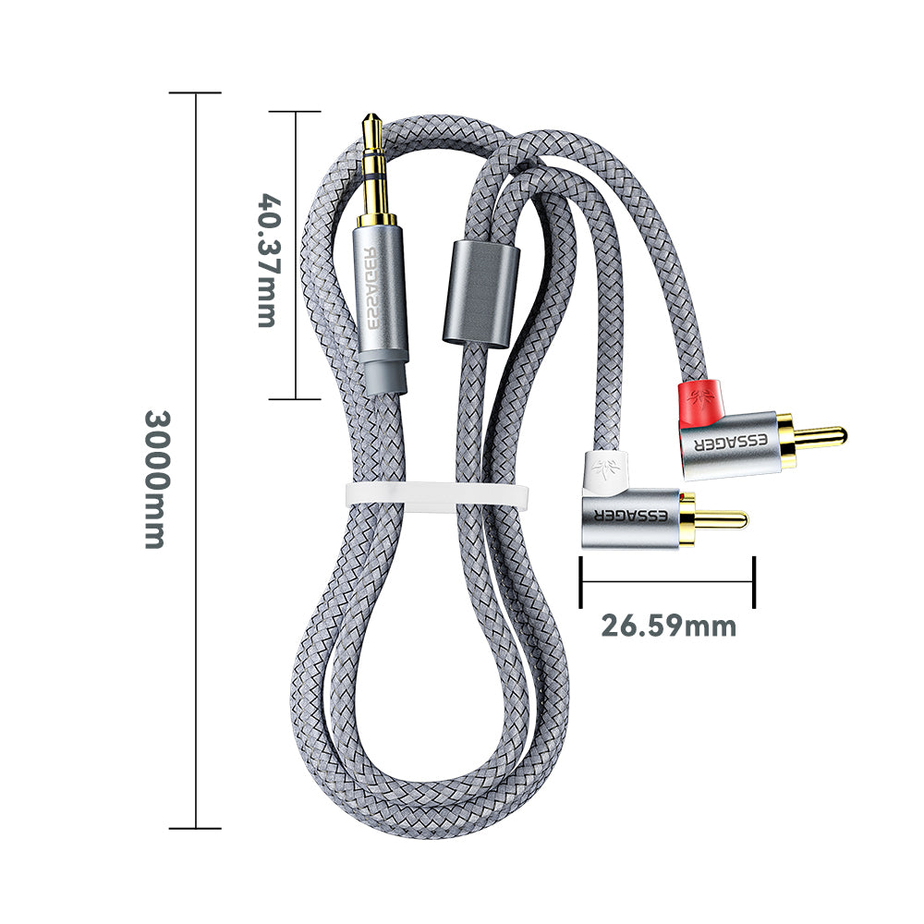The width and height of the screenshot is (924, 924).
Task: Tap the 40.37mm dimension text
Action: click(268, 260)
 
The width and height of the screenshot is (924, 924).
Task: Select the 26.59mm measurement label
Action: click(669, 626)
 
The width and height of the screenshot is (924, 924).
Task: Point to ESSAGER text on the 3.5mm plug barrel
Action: click(378, 287)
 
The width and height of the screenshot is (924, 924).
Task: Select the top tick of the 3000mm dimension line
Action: click(195, 92)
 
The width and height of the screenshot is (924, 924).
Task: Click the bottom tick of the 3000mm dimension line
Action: click(195, 828)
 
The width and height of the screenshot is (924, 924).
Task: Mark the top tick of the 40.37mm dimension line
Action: click(294, 112)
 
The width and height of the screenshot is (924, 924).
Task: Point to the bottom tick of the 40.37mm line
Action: click(294, 399)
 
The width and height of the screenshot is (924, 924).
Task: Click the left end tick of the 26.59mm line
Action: click(581, 582)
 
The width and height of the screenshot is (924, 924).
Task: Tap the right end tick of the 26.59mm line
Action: click(754, 582)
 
